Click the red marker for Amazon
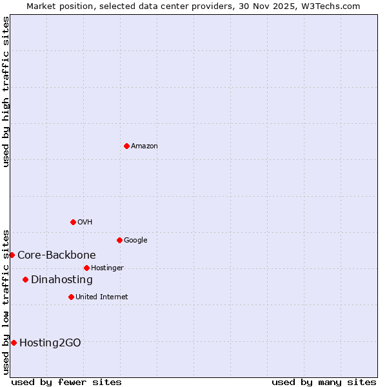click(126, 146)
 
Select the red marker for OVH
click(73, 222)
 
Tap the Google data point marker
click(119, 240)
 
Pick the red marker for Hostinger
click(86, 268)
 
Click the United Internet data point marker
click(71, 297)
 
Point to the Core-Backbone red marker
click(12, 255)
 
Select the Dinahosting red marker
click(25, 279)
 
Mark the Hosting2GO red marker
click(14, 342)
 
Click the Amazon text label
click(144, 146)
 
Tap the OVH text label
click(84, 223)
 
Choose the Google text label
click(135, 241)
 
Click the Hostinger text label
click(107, 268)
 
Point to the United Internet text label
click(101, 297)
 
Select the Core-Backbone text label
click(57, 255)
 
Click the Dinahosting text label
click(62, 280)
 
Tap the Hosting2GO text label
click(50, 343)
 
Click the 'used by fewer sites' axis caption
click(66, 382)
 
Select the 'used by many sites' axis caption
click(324, 382)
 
